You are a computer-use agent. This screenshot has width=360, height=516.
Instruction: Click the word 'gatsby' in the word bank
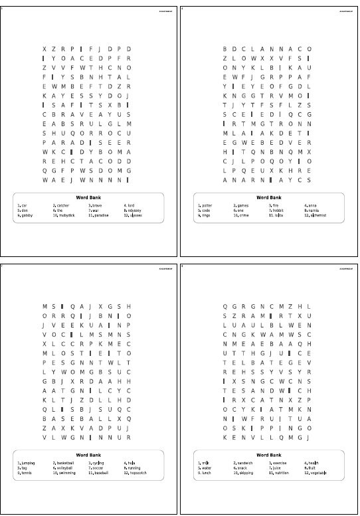[27, 215]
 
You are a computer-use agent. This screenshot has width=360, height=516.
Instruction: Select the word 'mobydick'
[63, 215]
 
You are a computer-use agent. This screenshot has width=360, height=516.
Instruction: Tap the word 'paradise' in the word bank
[100, 215]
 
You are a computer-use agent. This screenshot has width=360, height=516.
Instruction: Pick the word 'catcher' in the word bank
[62, 206]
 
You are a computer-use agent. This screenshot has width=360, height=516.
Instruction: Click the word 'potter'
[207, 206]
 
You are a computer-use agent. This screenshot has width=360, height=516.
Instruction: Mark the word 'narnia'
[314, 211]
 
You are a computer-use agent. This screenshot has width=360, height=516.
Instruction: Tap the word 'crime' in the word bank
[242, 215]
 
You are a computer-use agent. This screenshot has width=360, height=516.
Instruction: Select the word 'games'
[242, 206]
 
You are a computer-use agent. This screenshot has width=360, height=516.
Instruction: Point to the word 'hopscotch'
[137, 473]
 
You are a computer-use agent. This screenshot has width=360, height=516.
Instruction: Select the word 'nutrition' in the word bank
[280, 473]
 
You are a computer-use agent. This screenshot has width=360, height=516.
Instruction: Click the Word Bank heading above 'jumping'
[88, 455]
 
